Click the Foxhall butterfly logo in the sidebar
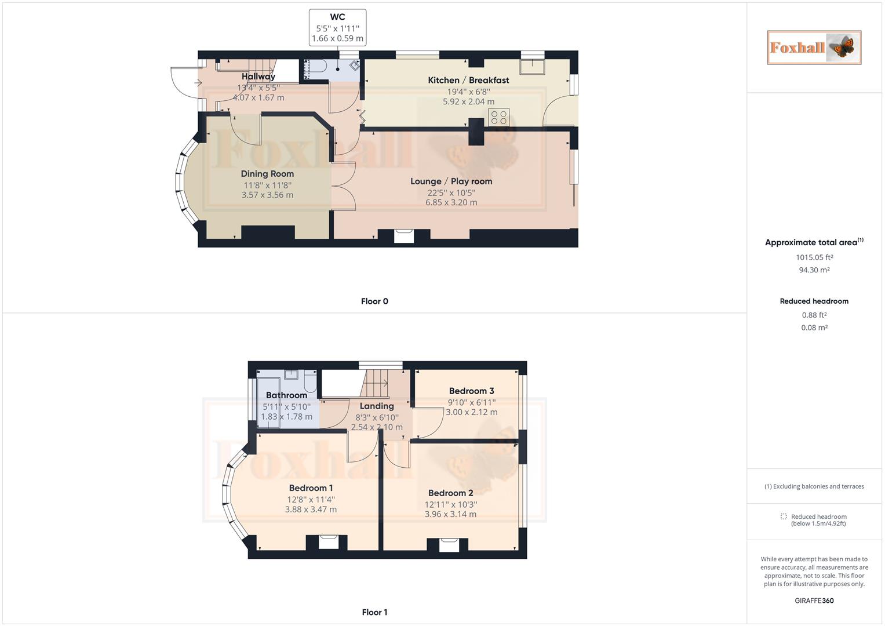pyautogui.click(x=814, y=48)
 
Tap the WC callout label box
pyautogui.click(x=337, y=27)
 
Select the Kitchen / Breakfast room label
pyautogui.click(x=468, y=80)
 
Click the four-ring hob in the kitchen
pyautogui.click(x=499, y=117)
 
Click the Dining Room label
pyautogui.click(x=267, y=174)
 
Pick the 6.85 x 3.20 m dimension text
pyautogui.click(x=451, y=202)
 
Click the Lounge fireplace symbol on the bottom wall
pyautogui.click(x=404, y=235)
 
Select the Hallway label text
pyautogui.click(x=258, y=77)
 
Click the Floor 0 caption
pyautogui.click(x=374, y=301)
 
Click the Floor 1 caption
pyautogui.click(x=374, y=612)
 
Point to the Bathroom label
pyautogui.click(x=286, y=395)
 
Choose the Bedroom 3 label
pyautogui.click(x=471, y=391)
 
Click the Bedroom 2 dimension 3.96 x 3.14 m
pyautogui.click(x=450, y=514)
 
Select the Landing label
pyautogui.click(x=377, y=406)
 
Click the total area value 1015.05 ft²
pyautogui.click(x=814, y=257)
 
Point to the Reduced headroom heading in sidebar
pyautogui.click(x=814, y=301)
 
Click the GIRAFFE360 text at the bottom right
pyautogui.click(x=814, y=600)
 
